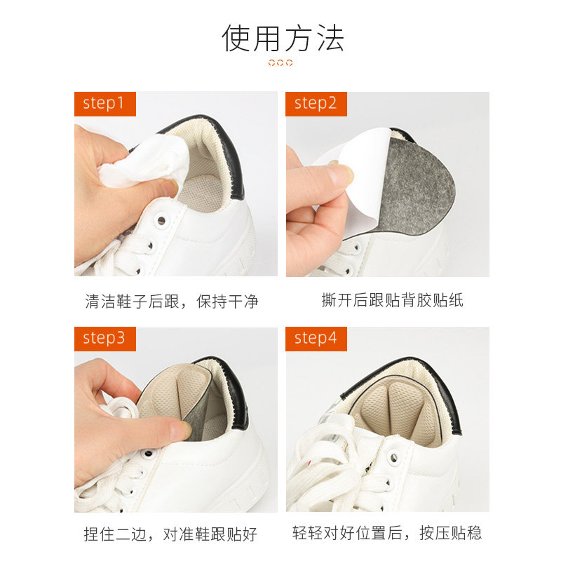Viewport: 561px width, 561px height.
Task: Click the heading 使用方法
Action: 283,39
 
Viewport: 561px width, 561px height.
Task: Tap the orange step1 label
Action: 104,104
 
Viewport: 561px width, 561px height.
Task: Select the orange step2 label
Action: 316,104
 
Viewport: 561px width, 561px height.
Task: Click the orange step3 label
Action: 104,339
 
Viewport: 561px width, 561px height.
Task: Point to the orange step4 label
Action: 316,339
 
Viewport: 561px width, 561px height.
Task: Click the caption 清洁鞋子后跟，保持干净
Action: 172,302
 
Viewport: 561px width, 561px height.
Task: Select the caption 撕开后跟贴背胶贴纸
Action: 393,300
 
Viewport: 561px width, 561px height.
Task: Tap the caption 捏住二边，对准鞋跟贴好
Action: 170,534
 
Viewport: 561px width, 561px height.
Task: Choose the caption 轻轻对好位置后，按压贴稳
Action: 387,533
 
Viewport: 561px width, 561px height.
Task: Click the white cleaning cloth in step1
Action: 143,163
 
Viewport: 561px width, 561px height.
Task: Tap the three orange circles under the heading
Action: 280,63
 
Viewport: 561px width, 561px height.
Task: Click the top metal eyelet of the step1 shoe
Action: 161,219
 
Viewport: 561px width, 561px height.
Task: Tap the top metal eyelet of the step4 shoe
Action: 393,457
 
